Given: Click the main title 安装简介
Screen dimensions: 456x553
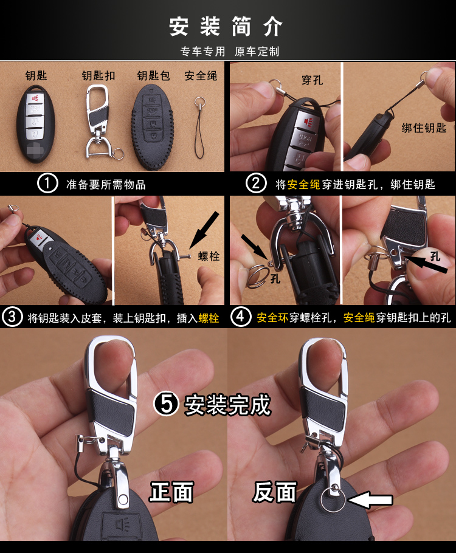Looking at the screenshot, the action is coord(226,27).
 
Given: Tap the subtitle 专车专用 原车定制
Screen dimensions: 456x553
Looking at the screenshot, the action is coord(230,52).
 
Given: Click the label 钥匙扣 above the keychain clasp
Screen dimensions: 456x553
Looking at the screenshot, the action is coord(98,75).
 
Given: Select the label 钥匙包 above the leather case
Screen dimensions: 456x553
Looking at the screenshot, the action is coord(154,75).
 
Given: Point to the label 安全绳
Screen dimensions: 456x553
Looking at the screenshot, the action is coord(201,75).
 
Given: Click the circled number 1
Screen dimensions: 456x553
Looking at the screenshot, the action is coord(47,184).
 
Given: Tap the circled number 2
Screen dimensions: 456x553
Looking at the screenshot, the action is coord(256,184).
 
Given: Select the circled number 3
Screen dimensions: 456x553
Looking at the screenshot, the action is coord(12,317).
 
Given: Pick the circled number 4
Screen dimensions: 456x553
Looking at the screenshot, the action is coord(241,317).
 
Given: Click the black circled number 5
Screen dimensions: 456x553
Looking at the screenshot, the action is coord(166,404).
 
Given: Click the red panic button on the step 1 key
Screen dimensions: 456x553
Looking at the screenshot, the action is coord(36,98).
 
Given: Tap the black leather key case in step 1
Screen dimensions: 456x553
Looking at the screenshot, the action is coord(152,126).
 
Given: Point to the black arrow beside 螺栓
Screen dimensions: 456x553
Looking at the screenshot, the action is coord(204,231).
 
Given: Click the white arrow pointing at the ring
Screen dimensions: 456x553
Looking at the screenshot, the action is coord(370,500).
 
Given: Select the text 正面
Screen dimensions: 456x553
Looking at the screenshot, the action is coord(172,492).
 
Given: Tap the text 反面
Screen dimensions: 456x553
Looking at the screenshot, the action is coord(275,492).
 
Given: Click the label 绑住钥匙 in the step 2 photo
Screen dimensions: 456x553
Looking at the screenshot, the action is coord(424,128).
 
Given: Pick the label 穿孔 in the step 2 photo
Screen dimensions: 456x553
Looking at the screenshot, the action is coord(313,80).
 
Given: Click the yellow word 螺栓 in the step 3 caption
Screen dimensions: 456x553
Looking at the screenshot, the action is coord(209,318).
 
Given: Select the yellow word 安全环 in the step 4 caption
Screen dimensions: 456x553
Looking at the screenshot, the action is coord(272,318).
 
